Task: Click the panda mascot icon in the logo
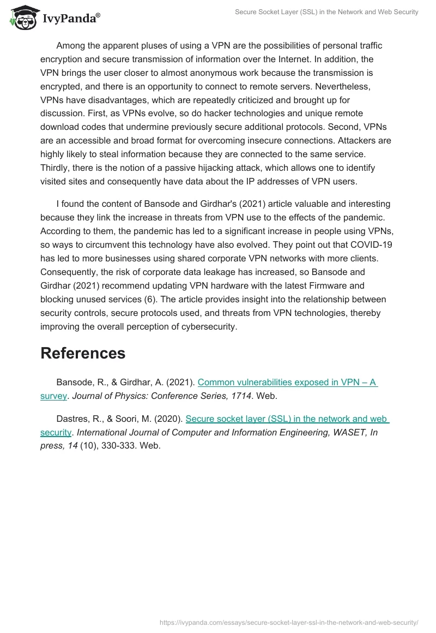22,18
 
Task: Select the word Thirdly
56,169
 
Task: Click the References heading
83,353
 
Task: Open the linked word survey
53,396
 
